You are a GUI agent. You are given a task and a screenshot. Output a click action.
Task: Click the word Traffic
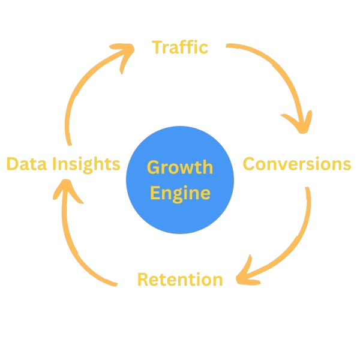click(180, 47)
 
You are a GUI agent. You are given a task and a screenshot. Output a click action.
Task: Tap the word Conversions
click(296, 164)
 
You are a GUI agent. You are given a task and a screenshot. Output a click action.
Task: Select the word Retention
click(180, 279)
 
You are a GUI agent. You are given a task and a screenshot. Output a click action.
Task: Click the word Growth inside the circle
click(180, 167)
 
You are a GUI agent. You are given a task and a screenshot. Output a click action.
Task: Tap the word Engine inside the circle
click(180, 193)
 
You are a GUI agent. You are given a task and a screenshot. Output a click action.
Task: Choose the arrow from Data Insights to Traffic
click(78, 90)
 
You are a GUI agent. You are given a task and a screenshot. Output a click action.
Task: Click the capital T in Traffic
click(157, 47)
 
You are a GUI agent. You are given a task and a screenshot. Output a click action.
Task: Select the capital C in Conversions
click(249, 164)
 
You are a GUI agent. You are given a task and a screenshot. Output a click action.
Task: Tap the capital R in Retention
click(143, 279)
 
